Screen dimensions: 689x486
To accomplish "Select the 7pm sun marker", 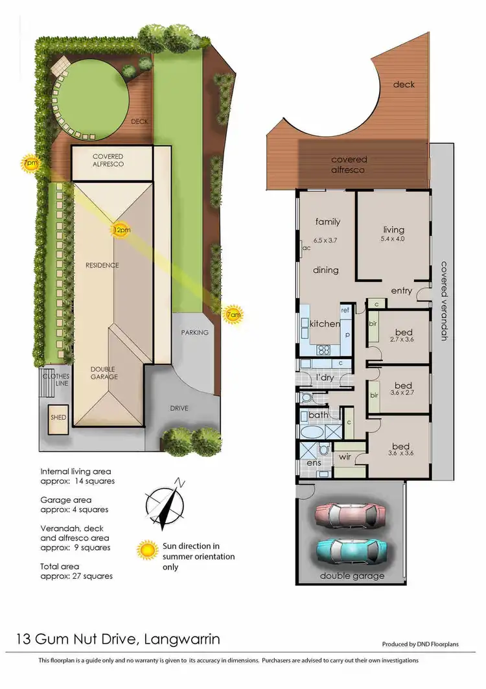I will click(x=30, y=164).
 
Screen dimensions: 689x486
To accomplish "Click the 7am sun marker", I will click(x=233, y=315).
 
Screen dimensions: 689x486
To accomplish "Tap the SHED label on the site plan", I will click(x=58, y=418).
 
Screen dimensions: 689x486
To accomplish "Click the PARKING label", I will click(x=194, y=333).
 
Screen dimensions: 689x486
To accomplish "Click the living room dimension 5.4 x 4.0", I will click(x=393, y=239).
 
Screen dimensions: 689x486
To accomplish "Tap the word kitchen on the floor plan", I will click(x=325, y=323).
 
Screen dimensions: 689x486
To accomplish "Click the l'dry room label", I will click(x=324, y=377).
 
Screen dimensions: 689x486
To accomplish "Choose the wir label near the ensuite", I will click(x=345, y=457).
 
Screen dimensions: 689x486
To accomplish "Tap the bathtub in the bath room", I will click(x=314, y=432).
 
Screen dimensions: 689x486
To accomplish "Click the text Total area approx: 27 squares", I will click(x=76, y=570).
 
